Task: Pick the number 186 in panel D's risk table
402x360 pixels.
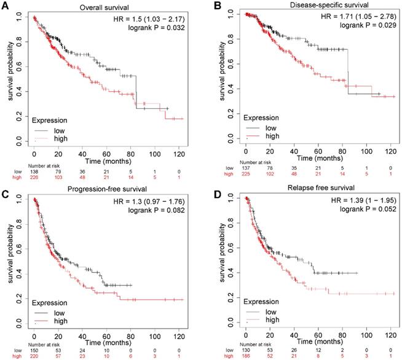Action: [x=245, y=356]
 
